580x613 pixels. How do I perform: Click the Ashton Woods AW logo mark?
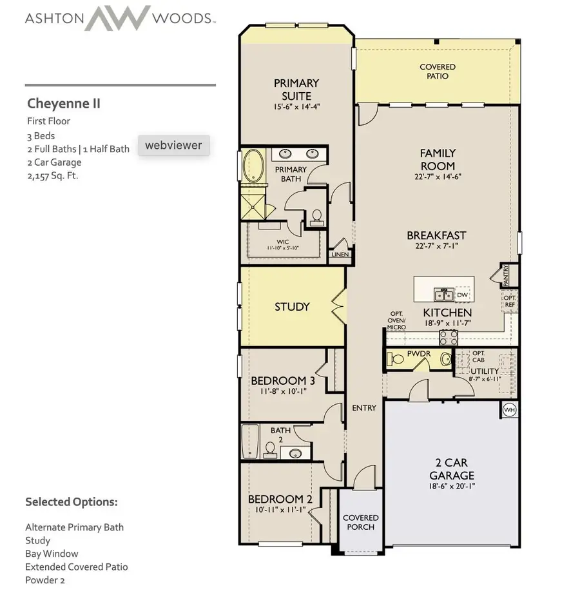(118, 18)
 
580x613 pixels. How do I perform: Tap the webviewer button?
(173, 145)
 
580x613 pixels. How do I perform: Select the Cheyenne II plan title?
(64, 103)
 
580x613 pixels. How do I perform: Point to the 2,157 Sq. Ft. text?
(52, 175)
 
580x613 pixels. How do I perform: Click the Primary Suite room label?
(296, 89)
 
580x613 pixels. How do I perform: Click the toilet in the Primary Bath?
(316, 215)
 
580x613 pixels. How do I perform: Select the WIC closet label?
(283, 242)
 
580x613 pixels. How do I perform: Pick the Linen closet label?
(340, 255)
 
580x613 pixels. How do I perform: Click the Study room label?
(292, 307)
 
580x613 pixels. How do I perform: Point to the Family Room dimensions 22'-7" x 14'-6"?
(438, 177)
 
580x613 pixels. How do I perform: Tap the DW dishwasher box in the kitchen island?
(461, 295)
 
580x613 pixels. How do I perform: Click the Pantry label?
(506, 275)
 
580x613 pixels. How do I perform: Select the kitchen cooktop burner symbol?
(449, 336)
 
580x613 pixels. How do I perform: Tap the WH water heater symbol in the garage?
(509, 409)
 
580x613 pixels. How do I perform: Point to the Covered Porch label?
(360, 522)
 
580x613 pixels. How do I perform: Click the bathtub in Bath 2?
(249, 442)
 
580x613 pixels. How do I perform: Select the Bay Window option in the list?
(52, 553)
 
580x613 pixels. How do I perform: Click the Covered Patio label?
(438, 72)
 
